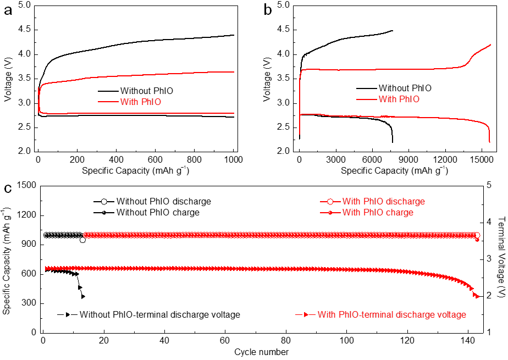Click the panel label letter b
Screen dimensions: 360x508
[x=268, y=10]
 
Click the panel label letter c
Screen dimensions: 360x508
[x=8, y=189]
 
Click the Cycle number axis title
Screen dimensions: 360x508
[x=261, y=352]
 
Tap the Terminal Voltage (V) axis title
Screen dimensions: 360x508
[x=501, y=258]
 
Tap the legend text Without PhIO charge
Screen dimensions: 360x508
[x=158, y=212]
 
